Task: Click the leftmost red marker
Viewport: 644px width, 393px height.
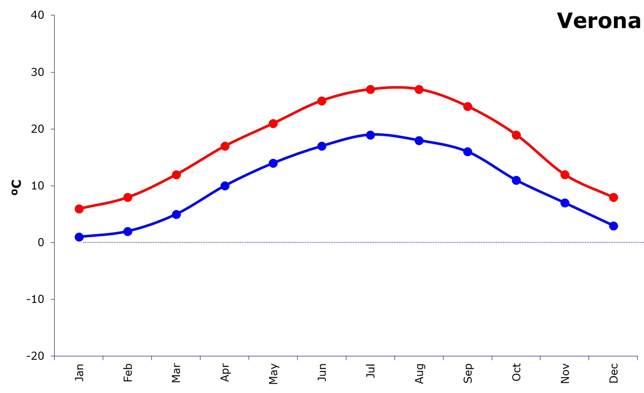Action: [x=79, y=209]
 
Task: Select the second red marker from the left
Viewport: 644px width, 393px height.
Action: [x=128, y=197]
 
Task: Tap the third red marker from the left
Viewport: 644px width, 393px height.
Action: [x=176, y=175]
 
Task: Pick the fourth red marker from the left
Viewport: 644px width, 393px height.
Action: [x=225, y=146]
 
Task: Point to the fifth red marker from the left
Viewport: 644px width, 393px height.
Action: [x=273, y=123]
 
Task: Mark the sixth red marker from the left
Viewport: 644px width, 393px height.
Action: [x=322, y=101]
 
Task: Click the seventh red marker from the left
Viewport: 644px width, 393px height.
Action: [x=371, y=89]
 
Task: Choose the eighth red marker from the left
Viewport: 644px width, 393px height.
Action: [x=419, y=89]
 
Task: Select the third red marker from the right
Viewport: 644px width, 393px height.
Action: [x=516, y=135]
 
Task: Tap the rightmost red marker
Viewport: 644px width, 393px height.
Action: [x=613, y=197]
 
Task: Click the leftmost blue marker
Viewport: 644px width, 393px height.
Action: [x=79, y=237]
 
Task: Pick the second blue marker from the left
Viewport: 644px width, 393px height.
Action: [x=128, y=231]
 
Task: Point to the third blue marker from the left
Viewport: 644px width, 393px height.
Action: [x=176, y=214]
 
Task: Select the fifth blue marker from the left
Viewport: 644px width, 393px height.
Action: [x=273, y=163]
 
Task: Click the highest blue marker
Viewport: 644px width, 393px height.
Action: [x=371, y=135]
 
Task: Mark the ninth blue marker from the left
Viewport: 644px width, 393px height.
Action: [x=468, y=151]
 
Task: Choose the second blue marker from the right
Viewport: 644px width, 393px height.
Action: [x=565, y=203]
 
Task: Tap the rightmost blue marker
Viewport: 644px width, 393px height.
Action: [x=613, y=226]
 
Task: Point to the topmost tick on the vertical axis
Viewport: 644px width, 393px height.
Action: [x=53, y=15]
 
